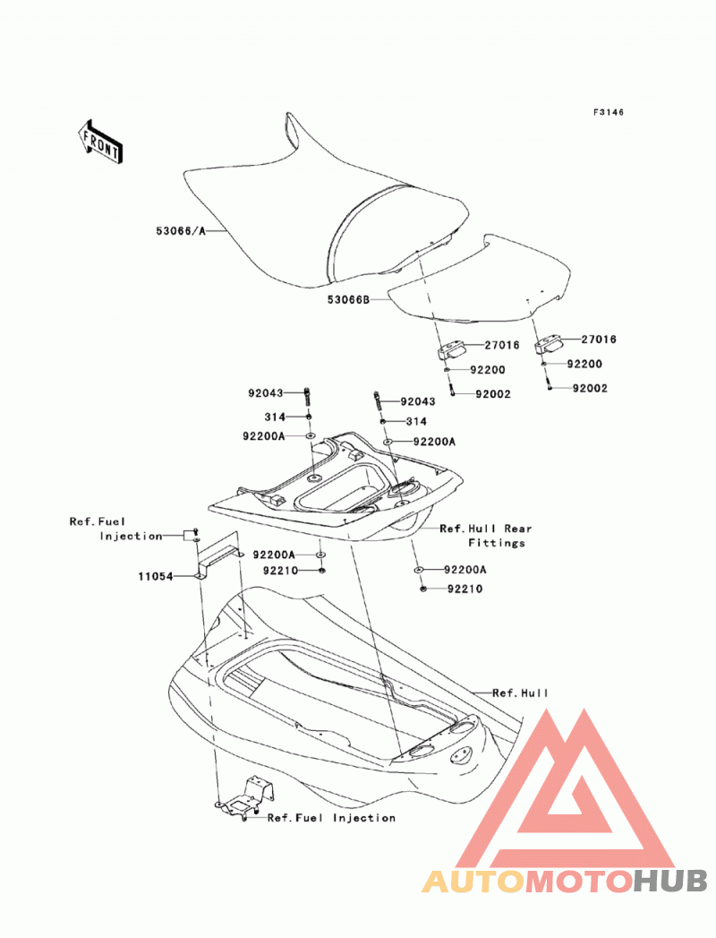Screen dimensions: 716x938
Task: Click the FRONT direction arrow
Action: (x=100, y=142)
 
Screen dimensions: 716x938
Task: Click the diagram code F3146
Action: (x=609, y=112)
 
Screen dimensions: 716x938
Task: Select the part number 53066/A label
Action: (x=181, y=231)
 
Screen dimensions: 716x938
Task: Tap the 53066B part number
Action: (x=348, y=299)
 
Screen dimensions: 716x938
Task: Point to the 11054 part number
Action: (x=156, y=577)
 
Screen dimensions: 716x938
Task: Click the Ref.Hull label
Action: (x=520, y=693)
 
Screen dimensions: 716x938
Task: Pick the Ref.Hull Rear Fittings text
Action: (x=485, y=536)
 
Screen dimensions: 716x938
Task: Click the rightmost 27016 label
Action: (x=599, y=340)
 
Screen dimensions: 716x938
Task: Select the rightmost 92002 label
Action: (x=590, y=388)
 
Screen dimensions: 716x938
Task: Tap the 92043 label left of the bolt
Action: (x=265, y=393)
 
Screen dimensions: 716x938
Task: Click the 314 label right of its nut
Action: (x=416, y=422)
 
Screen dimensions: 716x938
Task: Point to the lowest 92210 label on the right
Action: (x=465, y=589)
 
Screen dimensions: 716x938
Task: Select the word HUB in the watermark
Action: (x=669, y=881)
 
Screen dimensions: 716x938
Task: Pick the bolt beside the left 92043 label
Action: (x=308, y=395)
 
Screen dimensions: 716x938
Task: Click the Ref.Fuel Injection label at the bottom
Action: (x=331, y=818)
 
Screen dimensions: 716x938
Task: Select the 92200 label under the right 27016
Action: (x=584, y=364)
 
